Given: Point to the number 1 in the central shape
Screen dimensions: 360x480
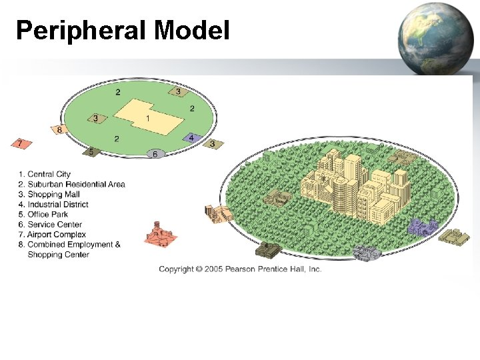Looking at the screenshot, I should click(x=147, y=119).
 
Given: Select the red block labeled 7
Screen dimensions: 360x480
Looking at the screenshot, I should click(x=21, y=143).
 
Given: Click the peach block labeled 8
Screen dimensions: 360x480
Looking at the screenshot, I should click(x=59, y=129).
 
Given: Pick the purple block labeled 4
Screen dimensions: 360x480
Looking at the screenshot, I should click(x=191, y=138).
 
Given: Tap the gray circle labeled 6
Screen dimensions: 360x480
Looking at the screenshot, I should click(x=155, y=153).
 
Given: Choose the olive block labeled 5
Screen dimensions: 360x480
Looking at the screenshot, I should click(x=92, y=152).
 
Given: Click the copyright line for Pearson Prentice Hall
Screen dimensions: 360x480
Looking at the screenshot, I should click(x=240, y=269).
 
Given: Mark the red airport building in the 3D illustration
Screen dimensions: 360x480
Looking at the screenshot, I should click(x=159, y=234).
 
